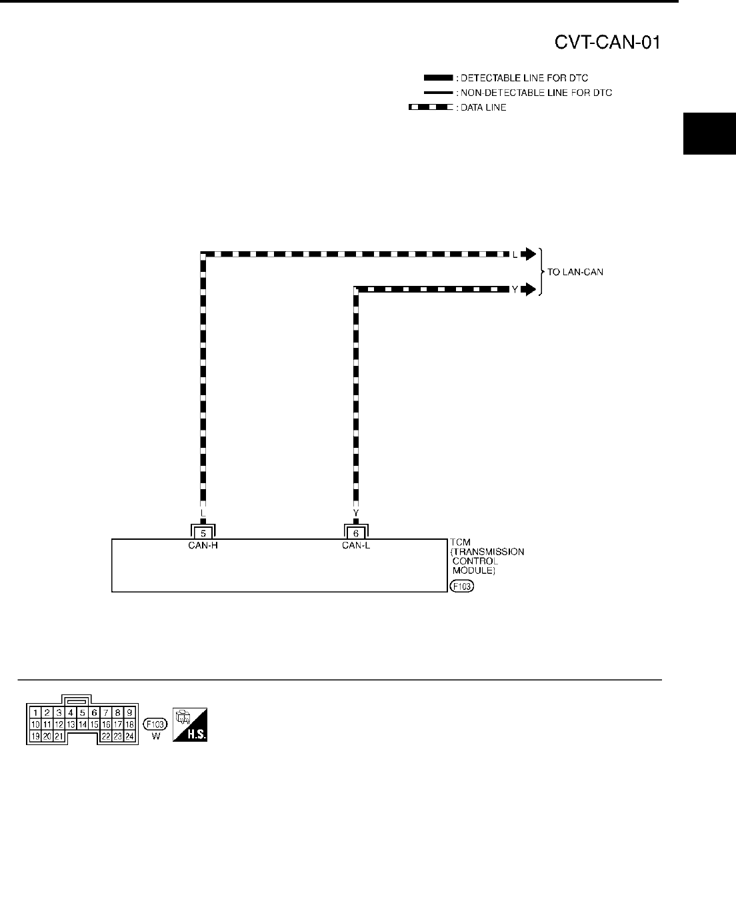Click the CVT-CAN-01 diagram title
point(607,43)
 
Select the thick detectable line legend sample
point(433,78)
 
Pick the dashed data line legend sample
point(430,107)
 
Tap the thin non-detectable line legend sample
point(433,93)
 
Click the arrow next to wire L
point(528,254)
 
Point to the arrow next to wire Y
point(528,289)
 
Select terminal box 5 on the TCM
point(203,532)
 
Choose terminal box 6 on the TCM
point(356,532)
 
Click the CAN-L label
point(356,545)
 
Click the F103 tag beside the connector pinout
point(155,724)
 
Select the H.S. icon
point(189,724)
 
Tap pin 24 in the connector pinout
point(129,736)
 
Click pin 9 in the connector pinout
point(129,712)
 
